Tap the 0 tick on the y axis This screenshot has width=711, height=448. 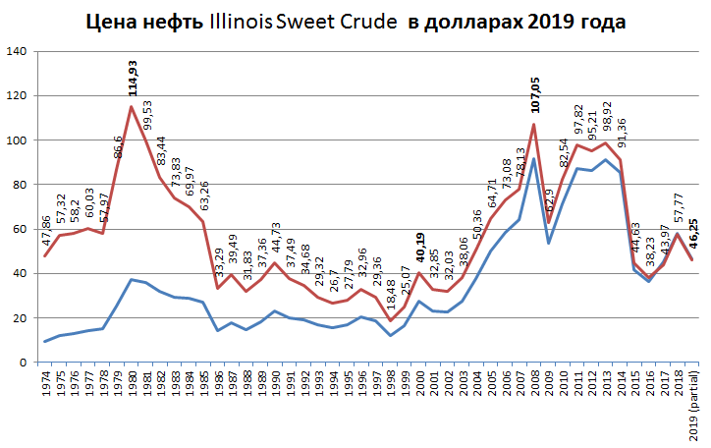tap(27, 363)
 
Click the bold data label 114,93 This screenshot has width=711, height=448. tap(131, 76)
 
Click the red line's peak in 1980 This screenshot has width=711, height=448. tap(132, 106)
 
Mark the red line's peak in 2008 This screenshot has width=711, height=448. tap(533, 124)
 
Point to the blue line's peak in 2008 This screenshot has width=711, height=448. tap(533, 159)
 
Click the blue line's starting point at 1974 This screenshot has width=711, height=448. tap(45, 341)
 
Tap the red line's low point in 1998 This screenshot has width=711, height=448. tap(390, 321)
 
